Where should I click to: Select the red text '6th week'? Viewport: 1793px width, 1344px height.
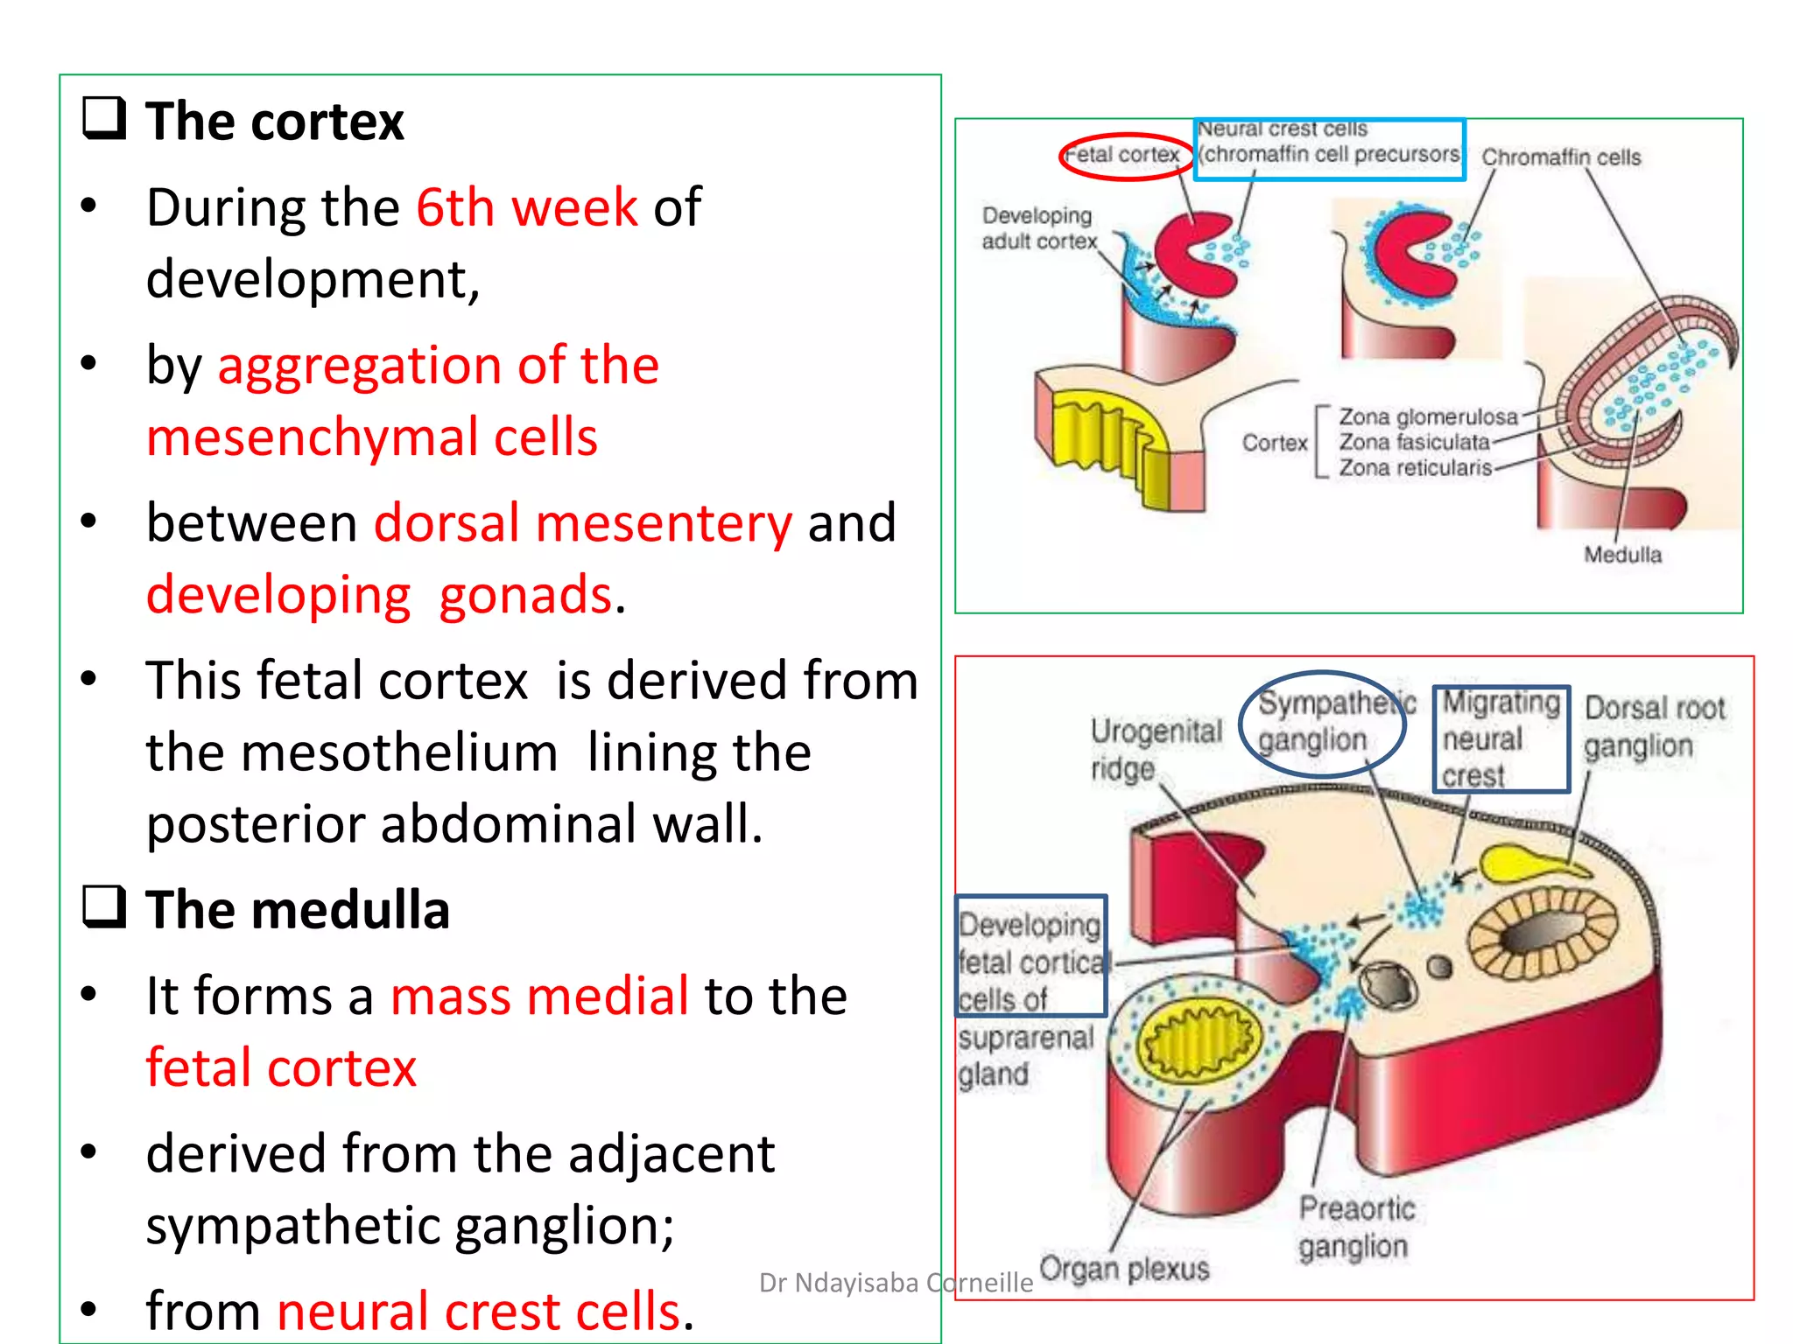click(x=526, y=207)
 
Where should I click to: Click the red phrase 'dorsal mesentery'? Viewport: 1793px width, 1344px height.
click(x=582, y=523)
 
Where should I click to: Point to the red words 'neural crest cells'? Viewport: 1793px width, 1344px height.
click(x=478, y=1311)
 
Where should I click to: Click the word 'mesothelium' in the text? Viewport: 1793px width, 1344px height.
click(x=399, y=752)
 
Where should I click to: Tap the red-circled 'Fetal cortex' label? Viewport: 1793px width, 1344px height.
click(x=1125, y=156)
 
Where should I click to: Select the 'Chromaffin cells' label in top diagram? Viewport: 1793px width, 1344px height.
click(x=1561, y=157)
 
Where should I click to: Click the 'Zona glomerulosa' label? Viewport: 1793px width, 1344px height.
click(x=1428, y=416)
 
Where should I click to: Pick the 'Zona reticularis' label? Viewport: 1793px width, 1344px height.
click(x=1415, y=468)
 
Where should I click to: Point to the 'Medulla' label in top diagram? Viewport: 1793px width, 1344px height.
click(x=1622, y=555)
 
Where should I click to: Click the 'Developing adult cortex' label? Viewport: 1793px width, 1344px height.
click(x=1038, y=228)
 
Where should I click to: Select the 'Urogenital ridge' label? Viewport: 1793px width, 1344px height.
click(x=1155, y=749)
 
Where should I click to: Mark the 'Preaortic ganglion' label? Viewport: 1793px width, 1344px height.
click(x=1355, y=1228)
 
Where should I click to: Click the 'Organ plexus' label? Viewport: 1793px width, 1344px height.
click(x=1124, y=1268)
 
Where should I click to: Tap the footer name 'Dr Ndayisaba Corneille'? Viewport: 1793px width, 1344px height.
click(x=896, y=1283)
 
